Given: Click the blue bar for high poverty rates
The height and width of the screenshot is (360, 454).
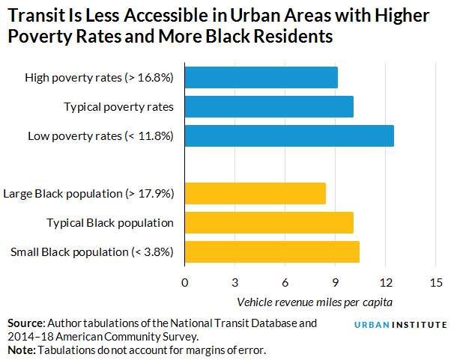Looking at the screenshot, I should click(x=261, y=78).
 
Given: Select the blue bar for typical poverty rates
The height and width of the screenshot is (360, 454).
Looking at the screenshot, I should click(x=268, y=107).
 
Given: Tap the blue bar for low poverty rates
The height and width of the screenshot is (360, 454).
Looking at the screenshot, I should click(x=288, y=135).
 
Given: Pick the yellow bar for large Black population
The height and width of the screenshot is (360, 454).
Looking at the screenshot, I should click(x=255, y=194).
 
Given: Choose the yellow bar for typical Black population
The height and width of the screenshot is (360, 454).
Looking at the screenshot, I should click(x=268, y=222).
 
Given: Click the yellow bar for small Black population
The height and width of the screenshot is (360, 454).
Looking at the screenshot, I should click(x=271, y=251).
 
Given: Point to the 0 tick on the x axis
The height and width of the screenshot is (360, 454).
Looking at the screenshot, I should click(x=184, y=282).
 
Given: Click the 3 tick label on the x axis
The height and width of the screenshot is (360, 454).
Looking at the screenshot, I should click(x=234, y=282).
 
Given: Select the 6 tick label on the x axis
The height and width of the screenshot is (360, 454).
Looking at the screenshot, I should click(x=285, y=282).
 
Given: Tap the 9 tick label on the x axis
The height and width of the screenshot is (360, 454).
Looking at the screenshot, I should click(x=335, y=282).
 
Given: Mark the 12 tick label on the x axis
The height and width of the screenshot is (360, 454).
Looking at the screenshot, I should click(x=385, y=282).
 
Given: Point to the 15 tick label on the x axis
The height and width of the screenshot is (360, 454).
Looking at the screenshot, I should click(x=435, y=282).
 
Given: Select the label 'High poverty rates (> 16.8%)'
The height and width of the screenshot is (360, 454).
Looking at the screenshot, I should click(x=99, y=78).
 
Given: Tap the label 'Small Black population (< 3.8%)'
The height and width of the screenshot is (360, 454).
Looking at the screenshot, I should click(x=92, y=251).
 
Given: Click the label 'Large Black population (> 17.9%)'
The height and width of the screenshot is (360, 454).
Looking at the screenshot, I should click(x=89, y=194).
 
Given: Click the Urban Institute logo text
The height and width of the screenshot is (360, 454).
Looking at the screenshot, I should click(x=400, y=325).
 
